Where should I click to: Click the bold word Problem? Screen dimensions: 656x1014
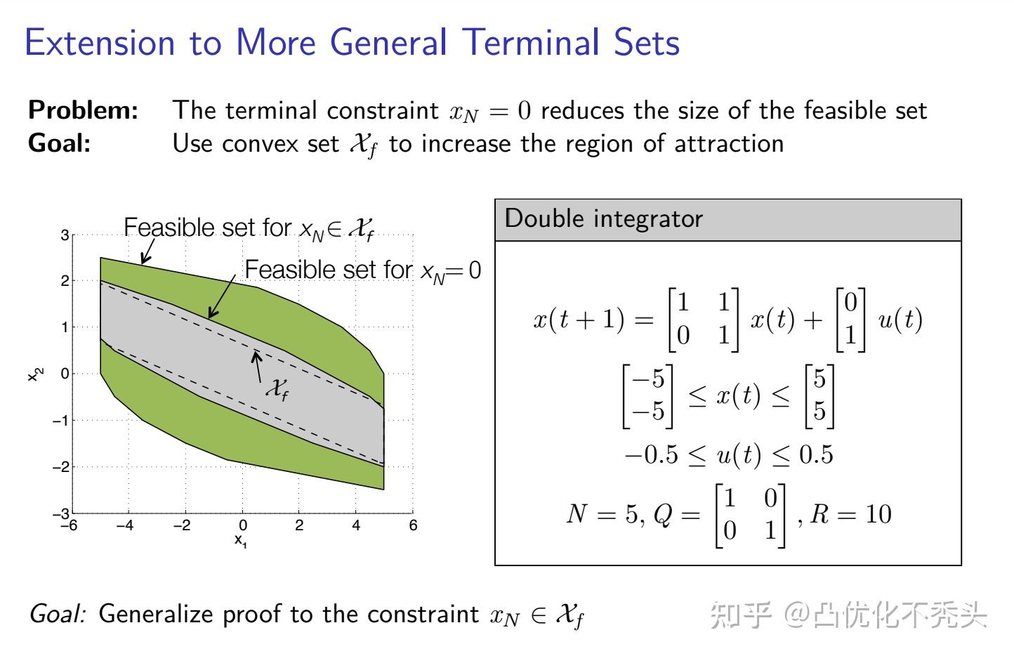(x=83, y=110)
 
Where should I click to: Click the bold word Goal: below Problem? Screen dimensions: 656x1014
(x=59, y=143)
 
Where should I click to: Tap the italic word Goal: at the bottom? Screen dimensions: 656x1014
(x=58, y=614)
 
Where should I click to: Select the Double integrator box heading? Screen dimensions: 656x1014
(x=603, y=219)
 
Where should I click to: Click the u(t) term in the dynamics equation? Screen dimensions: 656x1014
(x=900, y=320)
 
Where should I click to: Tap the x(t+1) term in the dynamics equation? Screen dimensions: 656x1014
(x=578, y=320)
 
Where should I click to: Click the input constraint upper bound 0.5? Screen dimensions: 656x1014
(x=816, y=455)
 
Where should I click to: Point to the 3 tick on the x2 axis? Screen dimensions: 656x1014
(x=65, y=235)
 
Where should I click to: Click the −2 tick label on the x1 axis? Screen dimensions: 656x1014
(x=182, y=525)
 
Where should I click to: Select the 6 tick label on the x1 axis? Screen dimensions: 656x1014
(x=413, y=525)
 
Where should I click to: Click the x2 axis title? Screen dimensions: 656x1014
(x=34, y=374)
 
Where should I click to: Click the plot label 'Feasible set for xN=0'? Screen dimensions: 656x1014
(x=362, y=270)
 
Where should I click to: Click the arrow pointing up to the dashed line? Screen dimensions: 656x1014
(x=258, y=366)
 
